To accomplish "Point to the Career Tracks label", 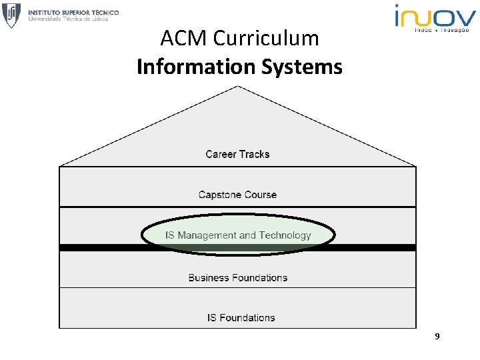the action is (x=237, y=154).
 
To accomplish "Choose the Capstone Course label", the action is (x=237, y=195).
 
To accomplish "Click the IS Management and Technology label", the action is (x=238, y=235).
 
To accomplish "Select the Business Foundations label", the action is (x=237, y=277).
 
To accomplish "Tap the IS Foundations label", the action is (x=241, y=318).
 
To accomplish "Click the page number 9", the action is (x=437, y=337).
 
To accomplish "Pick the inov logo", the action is (x=435, y=15).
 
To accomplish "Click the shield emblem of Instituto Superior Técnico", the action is (x=11, y=15).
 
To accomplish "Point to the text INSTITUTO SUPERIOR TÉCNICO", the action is (x=73, y=11).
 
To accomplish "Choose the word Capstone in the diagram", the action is (x=219, y=195).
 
